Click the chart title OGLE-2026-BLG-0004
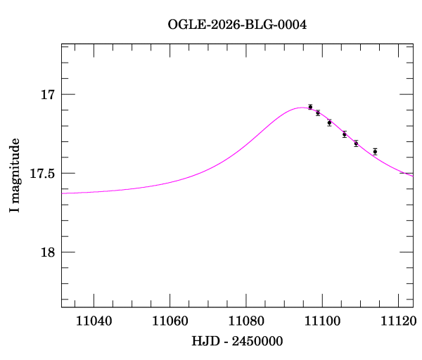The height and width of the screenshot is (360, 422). pyautogui.click(x=237, y=25)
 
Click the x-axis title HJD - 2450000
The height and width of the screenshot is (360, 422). pyautogui.click(x=237, y=341)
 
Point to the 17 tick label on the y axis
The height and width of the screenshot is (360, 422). pyautogui.click(x=49, y=94)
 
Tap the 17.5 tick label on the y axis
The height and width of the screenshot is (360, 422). pyautogui.click(x=43, y=173)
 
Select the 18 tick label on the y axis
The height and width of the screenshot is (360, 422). pyautogui.click(x=49, y=252)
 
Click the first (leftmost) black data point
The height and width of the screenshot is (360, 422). pyautogui.click(x=310, y=107)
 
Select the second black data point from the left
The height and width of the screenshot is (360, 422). pyautogui.click(x=318, y=112)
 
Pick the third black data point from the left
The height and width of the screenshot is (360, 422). pyautogui.click(x=329, y=123)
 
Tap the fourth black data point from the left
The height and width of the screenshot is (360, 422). pyautogui.click(x=345, y=134)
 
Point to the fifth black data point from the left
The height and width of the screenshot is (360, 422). pyautogui.click(x=356, y=143)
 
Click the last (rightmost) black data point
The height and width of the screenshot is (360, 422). pyautogui.click(x=375, y=151)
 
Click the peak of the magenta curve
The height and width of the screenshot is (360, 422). pyautogui.click(x=302, y=108)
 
